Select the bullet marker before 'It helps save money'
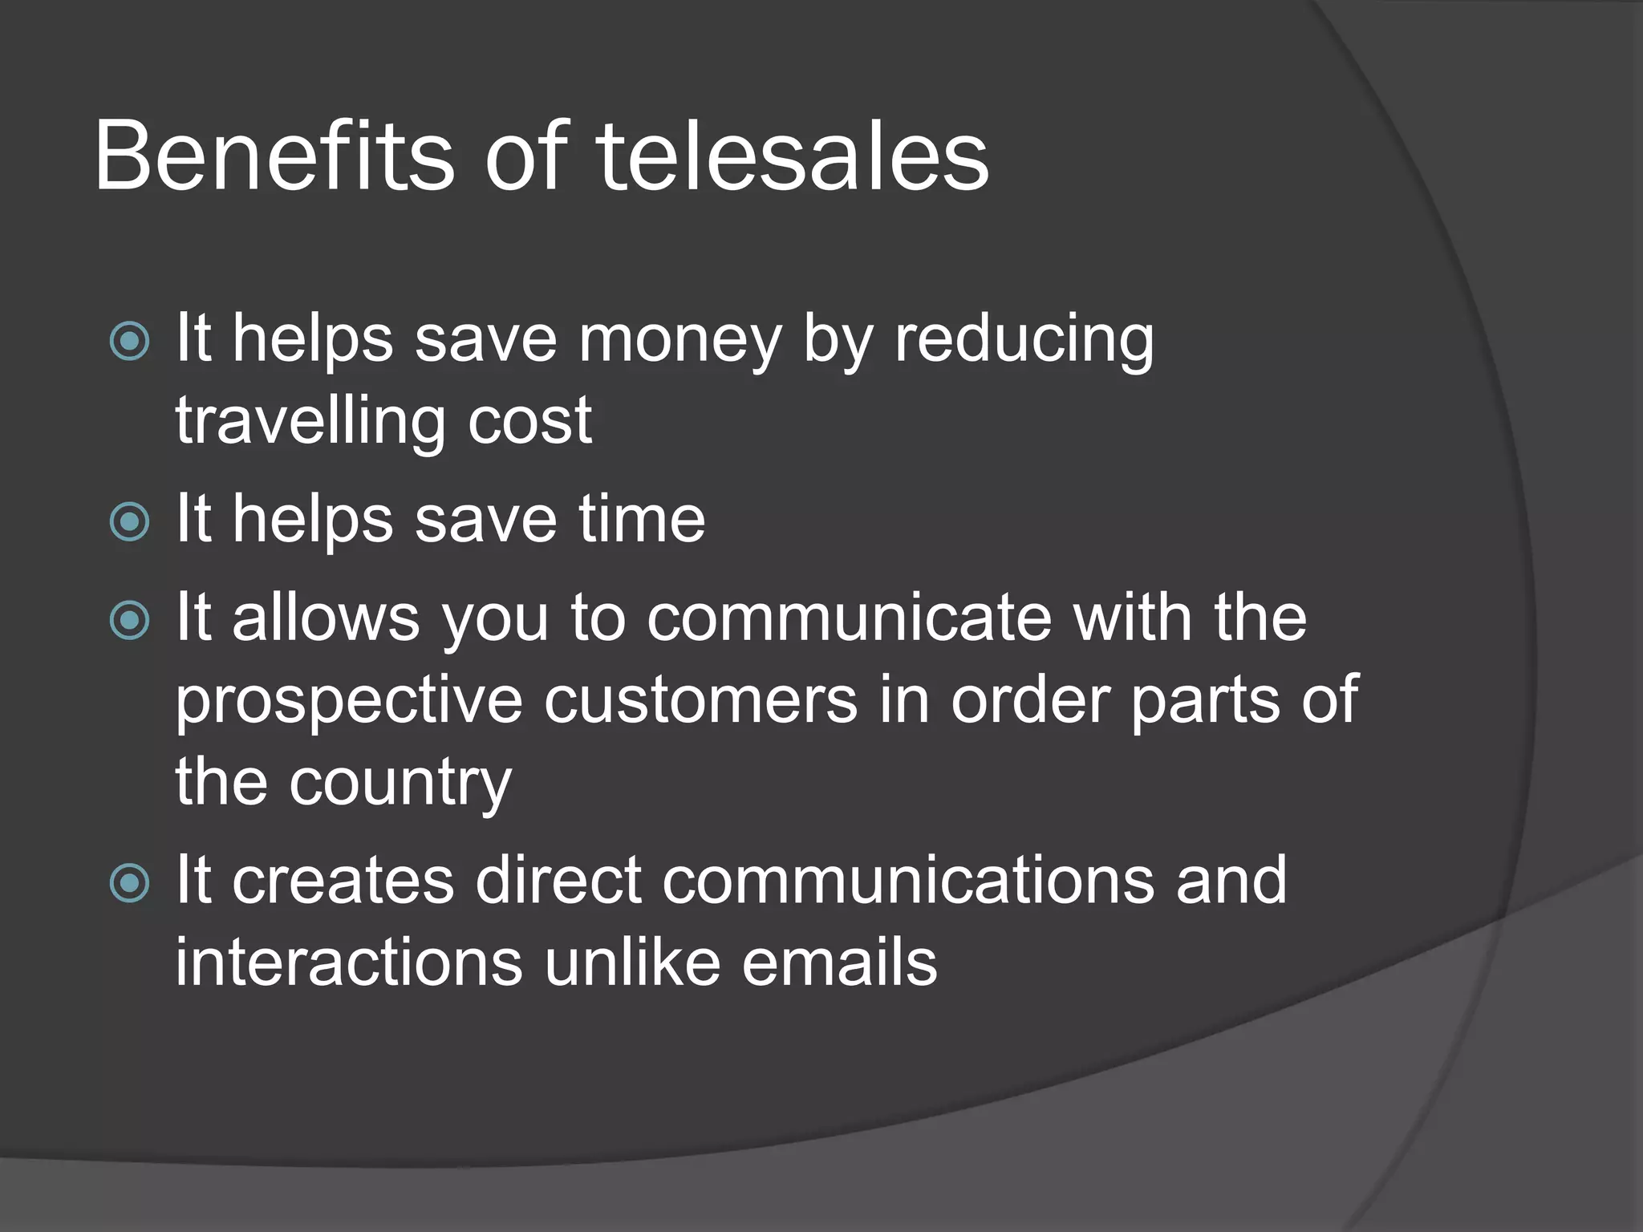coord(129,342)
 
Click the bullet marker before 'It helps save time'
coord(129,522)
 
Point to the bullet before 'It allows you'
coord(129,620)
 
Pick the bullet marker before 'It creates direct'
coord(129,883)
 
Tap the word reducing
coord(1024,341)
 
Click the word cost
coord(529,421)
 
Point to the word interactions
coord(349,962)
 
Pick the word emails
coord(839,962)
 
